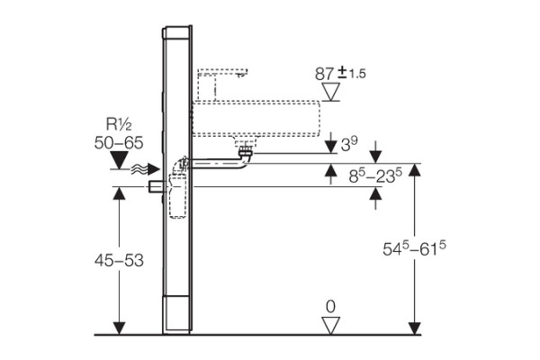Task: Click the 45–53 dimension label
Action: click(x=119, y=260)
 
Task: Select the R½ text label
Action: click(x=119, y=125)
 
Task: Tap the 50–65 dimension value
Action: click(x=119, y=142)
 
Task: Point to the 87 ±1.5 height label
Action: click(x=340, y=74)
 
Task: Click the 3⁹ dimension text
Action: click(x=349, y=144)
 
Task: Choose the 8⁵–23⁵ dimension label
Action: click(x=375, y=175)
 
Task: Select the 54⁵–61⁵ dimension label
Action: click(x=414, y=248)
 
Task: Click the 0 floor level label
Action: click(x=330, y=307)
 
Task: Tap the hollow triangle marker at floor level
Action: click(x=330, y=325)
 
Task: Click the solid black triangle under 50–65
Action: click(x=119, y=160)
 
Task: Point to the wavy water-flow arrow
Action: click(x=145, y=169)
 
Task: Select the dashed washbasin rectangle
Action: click(x=256, y=118)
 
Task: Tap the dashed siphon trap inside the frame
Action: click(x=177, y=195)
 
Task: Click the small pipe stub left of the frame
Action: click(x=156, y=186)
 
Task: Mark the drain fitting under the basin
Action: click(x=246, y=151)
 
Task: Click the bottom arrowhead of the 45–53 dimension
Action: click(x=119, y=328)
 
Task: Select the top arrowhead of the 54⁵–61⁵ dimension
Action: click(x=415, y=170)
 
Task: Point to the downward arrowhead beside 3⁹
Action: click(x=331, y=147)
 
